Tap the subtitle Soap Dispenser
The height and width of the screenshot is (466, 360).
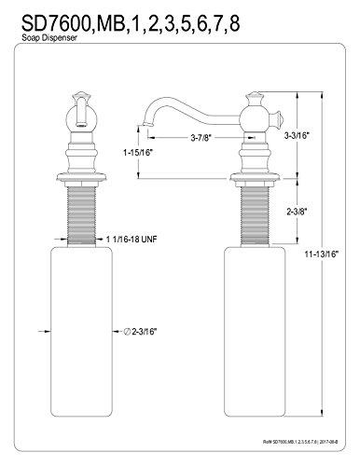(49, 38)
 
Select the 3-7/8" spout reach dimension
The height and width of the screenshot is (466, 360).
(201, 137)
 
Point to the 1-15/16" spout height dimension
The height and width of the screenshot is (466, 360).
(138, 153)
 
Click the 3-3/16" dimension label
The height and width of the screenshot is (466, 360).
(297, 135)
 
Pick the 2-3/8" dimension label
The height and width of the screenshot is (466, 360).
(297, 212)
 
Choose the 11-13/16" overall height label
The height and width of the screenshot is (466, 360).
(321, 254)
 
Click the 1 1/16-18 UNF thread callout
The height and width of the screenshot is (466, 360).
(132, 239)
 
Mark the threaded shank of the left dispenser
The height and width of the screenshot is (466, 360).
(82, 215)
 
